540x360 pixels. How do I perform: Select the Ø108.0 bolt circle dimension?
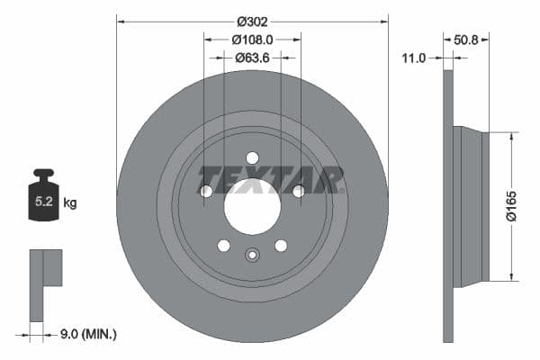point(252,40)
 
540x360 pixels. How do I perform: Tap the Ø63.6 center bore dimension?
point(252,58)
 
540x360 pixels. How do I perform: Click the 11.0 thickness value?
point(413,58)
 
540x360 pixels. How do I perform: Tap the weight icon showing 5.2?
point(43,200)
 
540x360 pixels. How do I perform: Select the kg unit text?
point(70,203)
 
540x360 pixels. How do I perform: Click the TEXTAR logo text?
point(270,179)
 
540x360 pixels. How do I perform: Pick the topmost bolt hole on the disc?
point(252,157)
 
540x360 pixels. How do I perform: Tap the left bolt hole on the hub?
point(206,191)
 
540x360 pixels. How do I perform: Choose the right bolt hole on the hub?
point(298,191)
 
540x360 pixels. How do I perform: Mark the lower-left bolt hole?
point(224,246)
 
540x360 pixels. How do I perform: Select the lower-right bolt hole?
point(281,246)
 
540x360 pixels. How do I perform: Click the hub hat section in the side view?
point(471,206)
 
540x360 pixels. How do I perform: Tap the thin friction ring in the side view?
point(448,206)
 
